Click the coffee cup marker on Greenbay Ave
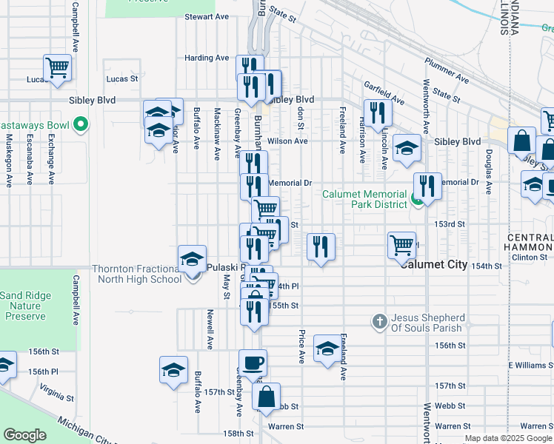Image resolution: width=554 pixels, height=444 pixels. click(x=253, y=363)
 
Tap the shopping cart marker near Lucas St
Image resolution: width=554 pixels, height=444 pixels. click(x=57, y=67)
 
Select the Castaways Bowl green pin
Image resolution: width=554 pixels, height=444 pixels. click(x=81, y=124)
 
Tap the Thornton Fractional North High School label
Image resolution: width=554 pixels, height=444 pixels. click(x=136, y=274)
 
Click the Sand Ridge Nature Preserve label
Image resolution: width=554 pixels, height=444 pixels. click(x=26, y=306)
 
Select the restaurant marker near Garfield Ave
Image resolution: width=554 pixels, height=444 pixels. click(x=378, y=112)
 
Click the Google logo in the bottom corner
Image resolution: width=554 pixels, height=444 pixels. click(x=25, y=435)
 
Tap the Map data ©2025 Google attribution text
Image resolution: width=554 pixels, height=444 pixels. click(x=508, y=439)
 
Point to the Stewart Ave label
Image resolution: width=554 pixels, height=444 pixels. click(x=207, y=16)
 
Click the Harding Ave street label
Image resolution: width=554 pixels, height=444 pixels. click(x=207, y=58)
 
